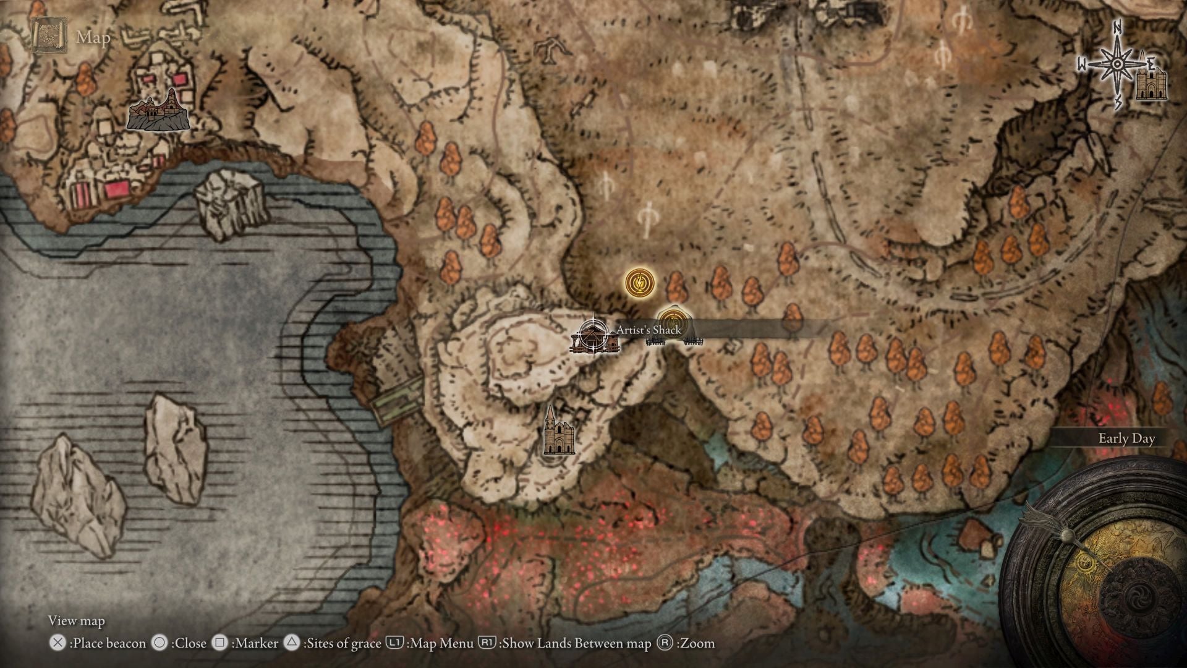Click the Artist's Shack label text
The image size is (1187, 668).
649,330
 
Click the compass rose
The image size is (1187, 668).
1118,64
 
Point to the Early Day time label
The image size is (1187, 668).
1126,439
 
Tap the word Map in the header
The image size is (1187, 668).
93,38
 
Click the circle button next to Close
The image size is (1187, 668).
160,643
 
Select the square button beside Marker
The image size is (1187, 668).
219,643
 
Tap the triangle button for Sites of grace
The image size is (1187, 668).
292,643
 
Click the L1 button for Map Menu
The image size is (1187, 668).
394,643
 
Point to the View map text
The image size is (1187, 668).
77,620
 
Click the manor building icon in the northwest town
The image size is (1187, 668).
158,111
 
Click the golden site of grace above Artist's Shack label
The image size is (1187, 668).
636,283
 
